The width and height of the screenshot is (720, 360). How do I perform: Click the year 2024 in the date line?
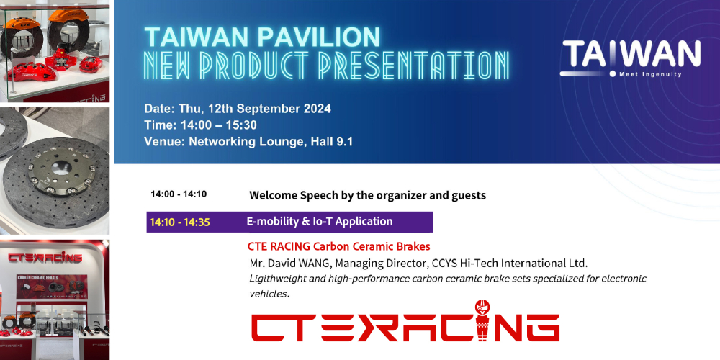pyautogui.click(x=318, y=109)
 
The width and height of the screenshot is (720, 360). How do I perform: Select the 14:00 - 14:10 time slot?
pyautogui.click(x=179, y=194)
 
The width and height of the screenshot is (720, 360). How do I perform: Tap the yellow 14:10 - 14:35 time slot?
pyautogui.click(x=180, y=222)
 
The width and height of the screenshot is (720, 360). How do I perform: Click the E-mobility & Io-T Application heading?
pyautogui.click(x=320, y=222)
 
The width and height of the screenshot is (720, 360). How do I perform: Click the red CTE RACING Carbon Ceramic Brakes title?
pyautogui.click(x=339, y=246)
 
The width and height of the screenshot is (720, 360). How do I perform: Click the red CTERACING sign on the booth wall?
pyautogui.click(x=45, y=258)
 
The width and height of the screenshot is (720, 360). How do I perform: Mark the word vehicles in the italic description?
pyautogui.click(x=269, y=294)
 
